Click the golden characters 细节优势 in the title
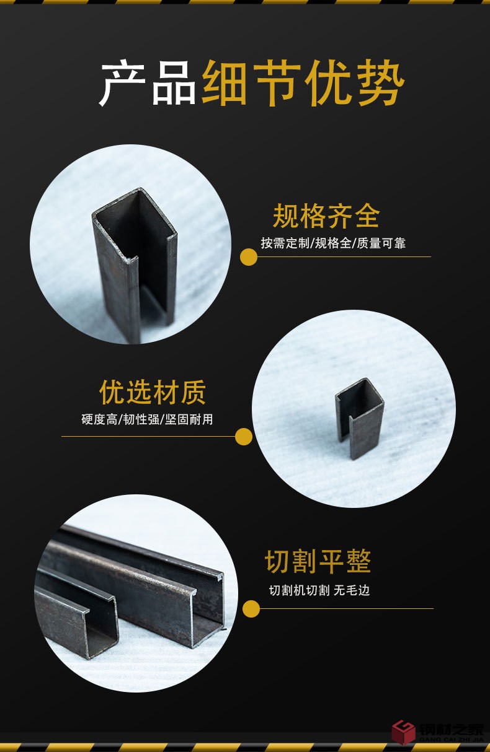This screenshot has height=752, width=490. [303, 84]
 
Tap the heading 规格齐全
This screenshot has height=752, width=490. [326, 216]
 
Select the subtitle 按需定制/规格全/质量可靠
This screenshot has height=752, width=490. [333, 243]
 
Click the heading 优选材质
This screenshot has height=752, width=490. [153, 392]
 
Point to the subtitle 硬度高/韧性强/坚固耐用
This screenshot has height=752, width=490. [147, 419]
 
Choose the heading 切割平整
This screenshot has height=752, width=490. [318, 562]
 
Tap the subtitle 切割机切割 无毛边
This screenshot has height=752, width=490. [319, 590]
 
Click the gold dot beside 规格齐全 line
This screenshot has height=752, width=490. [249, 257]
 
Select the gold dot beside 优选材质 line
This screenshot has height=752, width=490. [244, 437]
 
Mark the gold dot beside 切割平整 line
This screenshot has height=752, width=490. [251, 609]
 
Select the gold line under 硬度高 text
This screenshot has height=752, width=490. [149, 437]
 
